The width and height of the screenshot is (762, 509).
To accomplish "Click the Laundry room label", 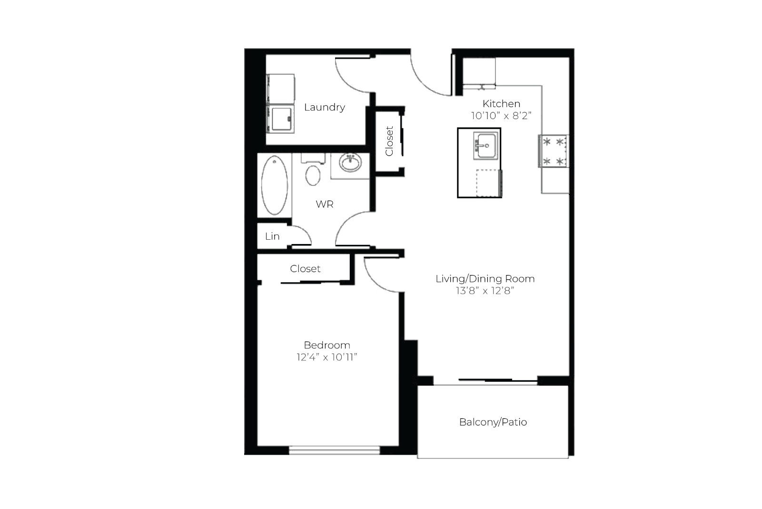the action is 325,107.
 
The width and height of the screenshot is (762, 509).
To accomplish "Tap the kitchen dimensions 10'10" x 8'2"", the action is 501,116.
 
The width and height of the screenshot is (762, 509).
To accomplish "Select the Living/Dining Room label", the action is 485,279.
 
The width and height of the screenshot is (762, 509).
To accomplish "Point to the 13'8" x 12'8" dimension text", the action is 485,291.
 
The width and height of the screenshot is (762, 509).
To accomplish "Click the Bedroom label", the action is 327,345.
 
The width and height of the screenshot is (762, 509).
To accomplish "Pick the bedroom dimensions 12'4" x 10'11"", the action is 327,357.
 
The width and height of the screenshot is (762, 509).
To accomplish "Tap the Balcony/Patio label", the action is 493,422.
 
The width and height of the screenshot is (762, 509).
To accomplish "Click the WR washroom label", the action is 325,204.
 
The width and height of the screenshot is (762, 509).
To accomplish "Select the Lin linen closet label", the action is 272,236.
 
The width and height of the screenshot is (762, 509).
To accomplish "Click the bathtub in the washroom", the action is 275,185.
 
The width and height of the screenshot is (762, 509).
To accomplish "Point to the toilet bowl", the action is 313,175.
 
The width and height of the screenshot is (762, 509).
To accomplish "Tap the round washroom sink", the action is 350,163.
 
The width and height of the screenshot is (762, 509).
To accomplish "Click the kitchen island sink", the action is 485,146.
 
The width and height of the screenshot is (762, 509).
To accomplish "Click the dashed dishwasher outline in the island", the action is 488,183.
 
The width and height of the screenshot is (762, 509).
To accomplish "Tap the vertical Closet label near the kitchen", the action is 389,141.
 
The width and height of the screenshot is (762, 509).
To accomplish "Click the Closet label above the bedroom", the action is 305,269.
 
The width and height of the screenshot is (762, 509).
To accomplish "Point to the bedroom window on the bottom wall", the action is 335,450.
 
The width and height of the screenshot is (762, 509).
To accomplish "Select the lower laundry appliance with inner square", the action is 280,119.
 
